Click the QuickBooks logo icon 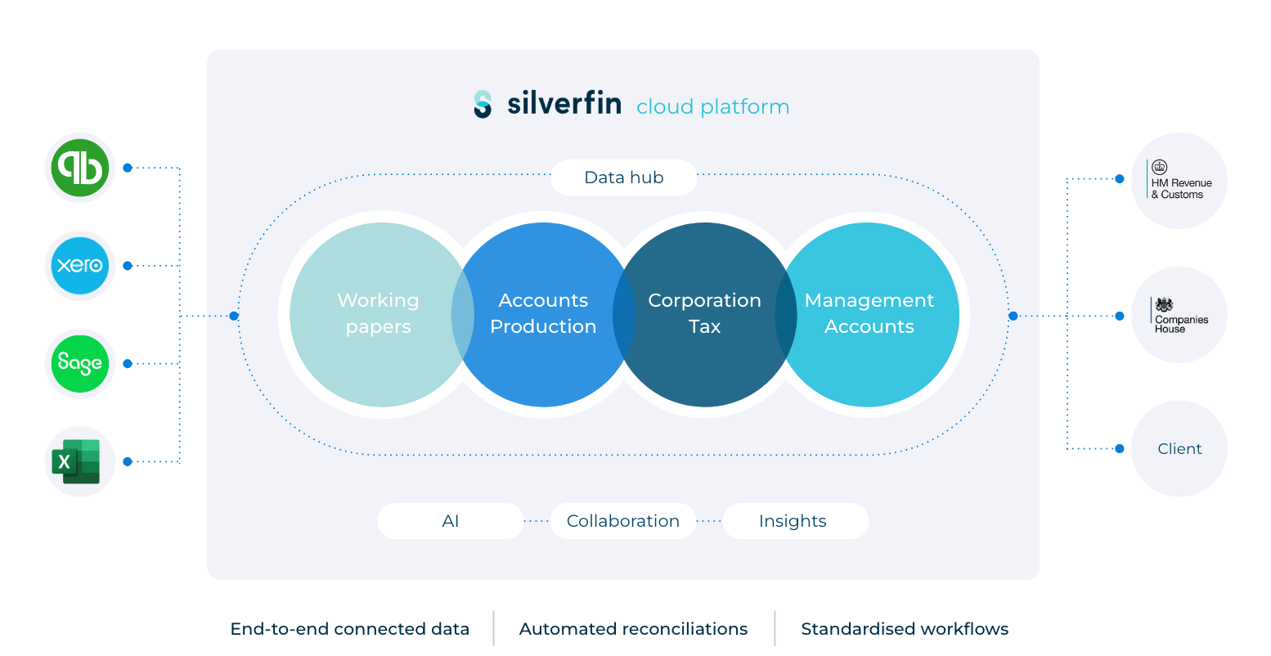(79, 168)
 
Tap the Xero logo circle (79, 266)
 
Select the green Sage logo (79, 363)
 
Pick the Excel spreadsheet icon (77, 461)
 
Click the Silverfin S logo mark (483, 105)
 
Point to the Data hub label (623, 177)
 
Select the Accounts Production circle (543, 314)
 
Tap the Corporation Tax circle (704, 314)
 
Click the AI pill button (450, 521)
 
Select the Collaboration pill (622, 521)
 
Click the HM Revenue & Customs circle (1179, 181)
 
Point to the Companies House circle (1179, 315)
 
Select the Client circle (1179, 448)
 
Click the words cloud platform (712, 107)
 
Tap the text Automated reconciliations (633, 629)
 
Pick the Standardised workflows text (904, 629)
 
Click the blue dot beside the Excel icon (128, 461)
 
